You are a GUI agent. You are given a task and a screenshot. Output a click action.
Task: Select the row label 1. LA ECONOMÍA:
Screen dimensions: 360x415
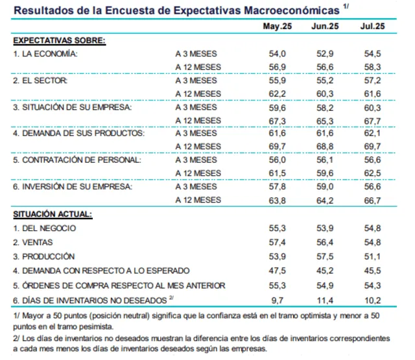tap(46, 53)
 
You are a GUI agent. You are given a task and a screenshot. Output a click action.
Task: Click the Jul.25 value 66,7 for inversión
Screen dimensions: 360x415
tap(372, 200)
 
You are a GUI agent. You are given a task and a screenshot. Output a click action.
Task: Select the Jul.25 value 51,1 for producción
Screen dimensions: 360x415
tap(372, 256)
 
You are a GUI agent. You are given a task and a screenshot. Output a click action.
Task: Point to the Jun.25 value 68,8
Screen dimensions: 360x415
tap(324, 147)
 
